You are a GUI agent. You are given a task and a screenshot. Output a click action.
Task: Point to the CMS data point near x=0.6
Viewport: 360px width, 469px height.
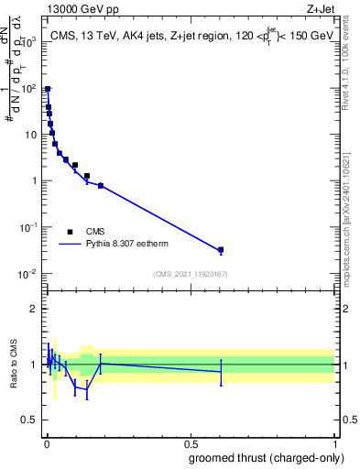pos(221,249)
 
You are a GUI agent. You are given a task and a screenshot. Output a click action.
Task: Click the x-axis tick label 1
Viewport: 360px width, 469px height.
pos(334,442)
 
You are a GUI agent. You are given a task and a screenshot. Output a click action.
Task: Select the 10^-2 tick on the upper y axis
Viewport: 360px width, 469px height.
pos(29,274)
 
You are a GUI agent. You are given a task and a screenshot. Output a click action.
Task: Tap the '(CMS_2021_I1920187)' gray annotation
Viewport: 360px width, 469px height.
pos(190,274)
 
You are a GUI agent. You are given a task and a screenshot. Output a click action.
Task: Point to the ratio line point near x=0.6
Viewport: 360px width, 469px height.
pos(221,371)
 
